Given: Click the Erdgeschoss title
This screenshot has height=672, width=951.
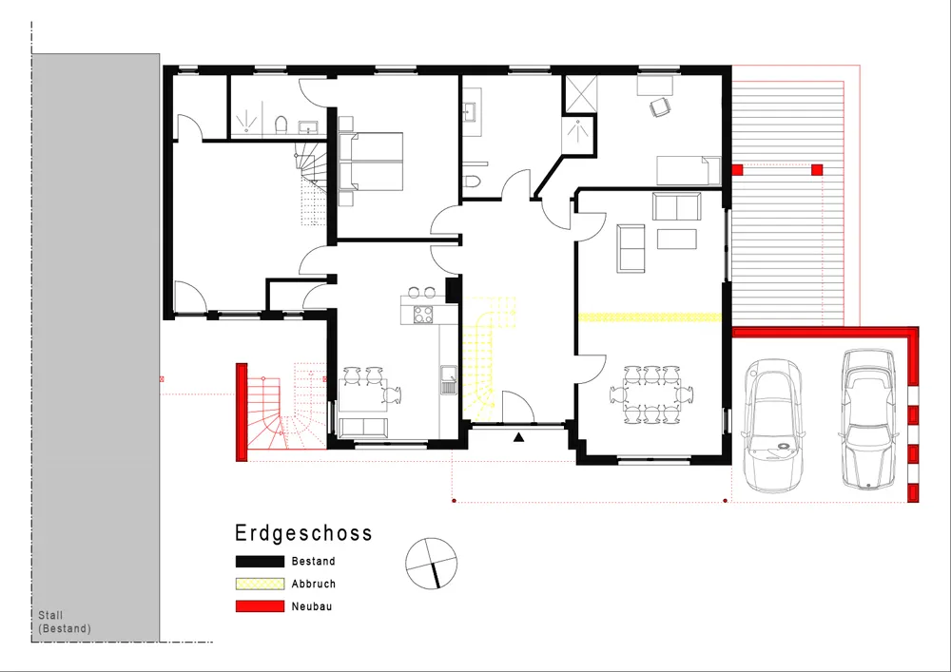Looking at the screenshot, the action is [303, 532].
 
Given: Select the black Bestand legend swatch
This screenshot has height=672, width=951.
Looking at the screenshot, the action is [260, 561].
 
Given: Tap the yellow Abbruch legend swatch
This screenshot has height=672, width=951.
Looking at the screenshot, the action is [260, 584].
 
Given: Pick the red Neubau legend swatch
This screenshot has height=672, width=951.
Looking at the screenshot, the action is [260, 606].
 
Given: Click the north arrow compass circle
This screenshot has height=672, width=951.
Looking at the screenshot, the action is [431, 564].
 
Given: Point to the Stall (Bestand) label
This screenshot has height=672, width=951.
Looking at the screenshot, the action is [65, 623].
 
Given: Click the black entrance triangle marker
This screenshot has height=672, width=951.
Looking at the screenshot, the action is [518, 437].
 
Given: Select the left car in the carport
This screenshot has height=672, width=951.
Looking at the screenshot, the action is [773, 426].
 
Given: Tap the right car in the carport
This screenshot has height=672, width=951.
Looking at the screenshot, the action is [868, 418].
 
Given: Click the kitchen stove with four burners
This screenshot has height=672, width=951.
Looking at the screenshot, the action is [423, 315].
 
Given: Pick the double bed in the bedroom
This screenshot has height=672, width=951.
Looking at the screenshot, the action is [371, 162].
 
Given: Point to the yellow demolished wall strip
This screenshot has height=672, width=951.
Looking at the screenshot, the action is [650, 317].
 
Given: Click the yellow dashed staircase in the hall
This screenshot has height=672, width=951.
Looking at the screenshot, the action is [488, 358].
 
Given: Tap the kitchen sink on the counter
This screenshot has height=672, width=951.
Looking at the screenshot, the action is [449, 380].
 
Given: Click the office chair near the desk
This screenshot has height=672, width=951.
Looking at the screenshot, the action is [659, 107].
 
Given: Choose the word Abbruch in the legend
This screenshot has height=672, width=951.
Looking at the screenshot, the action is [314, 584].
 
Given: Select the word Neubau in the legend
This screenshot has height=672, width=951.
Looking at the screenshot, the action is [312, 606].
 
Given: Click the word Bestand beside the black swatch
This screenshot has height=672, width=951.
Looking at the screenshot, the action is [313, 561].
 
